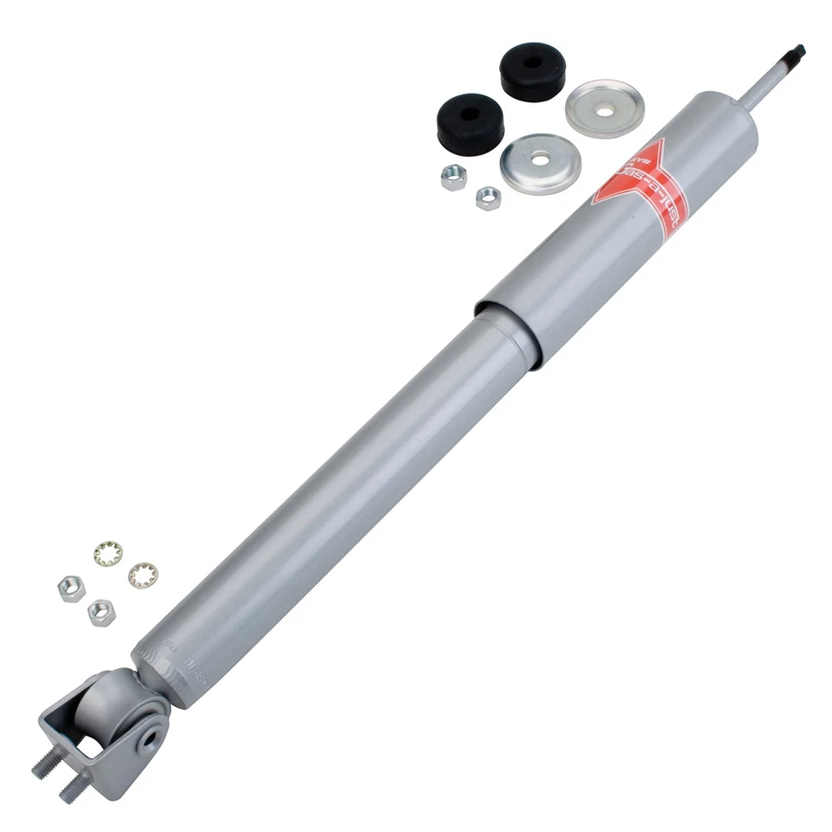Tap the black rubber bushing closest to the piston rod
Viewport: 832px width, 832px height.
point(532,70)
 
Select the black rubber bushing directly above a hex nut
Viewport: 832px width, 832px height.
point(469,121)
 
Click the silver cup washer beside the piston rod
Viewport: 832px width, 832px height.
point(604,108)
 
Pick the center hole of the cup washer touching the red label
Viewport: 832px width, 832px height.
point(541,160)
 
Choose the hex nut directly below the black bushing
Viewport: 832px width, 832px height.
point(453,178)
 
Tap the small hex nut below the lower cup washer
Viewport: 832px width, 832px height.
point(488,198)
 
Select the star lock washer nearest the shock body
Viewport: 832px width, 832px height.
point(143,575)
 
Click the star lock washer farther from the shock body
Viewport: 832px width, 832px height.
point(108,553)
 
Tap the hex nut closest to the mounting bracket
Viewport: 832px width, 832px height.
point(101,612)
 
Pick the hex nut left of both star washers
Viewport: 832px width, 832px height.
point(71,589)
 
